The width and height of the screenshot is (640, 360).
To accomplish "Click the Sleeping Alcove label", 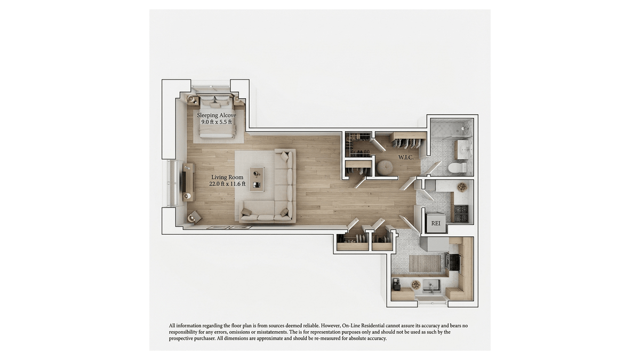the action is [217, 115].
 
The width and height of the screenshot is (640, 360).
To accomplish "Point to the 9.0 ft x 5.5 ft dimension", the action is [217, 122].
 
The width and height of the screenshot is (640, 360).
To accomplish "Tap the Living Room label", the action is [227, 178].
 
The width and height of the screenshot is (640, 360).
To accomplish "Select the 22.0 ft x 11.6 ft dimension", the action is [227, 184].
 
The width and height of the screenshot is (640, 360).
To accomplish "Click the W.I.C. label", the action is [406, 157].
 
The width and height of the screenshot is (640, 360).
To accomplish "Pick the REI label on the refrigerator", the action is [435, 223].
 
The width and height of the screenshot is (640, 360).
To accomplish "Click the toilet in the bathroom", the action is [458, 167].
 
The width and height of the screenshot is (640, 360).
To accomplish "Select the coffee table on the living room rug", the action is [257, 179].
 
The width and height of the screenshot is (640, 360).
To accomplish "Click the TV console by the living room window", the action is [188, 182].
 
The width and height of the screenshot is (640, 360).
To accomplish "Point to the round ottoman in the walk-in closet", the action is [385, 168].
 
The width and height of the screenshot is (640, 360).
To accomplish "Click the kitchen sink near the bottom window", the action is [431, 286].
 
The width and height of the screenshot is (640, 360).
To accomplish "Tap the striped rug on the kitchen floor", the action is [425, 263].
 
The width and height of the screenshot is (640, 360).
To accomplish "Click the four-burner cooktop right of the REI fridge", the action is [461, 214].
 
